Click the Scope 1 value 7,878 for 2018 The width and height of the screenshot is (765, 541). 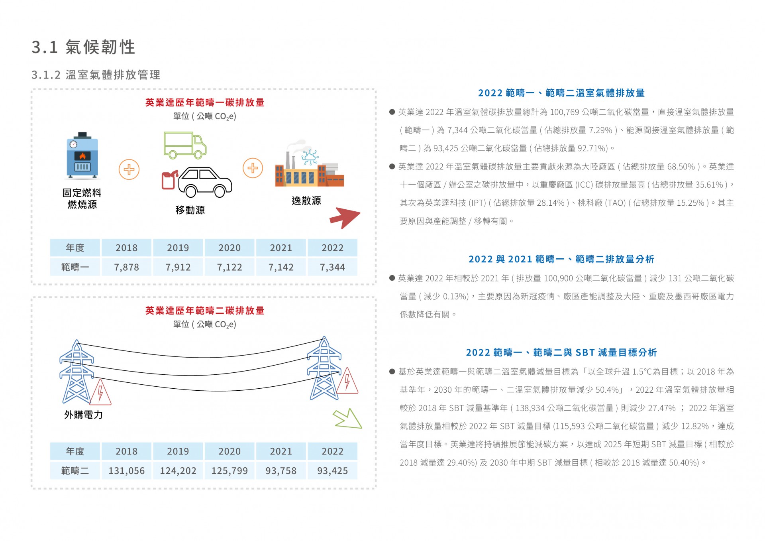point(126,267)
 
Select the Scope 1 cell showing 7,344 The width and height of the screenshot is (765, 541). point(332,267)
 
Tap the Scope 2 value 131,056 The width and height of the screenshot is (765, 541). point(126,471)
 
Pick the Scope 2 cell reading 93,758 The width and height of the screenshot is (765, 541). point(281,471)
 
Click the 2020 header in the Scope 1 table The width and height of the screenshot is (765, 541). point(229,248)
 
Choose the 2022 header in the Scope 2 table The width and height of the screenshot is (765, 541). point(332,451)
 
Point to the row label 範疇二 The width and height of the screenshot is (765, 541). point(75,471)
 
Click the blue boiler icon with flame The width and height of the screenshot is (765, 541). point(82,155)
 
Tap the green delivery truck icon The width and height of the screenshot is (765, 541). point(185,145)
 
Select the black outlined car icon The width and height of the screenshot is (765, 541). point(205,182)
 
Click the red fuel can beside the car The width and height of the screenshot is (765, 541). point(169,180)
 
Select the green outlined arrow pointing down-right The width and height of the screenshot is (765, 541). point(348,419)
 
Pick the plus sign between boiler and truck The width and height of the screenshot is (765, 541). point(129,169)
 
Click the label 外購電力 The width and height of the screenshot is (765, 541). point(84,415)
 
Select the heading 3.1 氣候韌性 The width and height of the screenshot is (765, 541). point(84,47)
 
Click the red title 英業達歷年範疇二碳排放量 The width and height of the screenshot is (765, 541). point(205,311)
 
